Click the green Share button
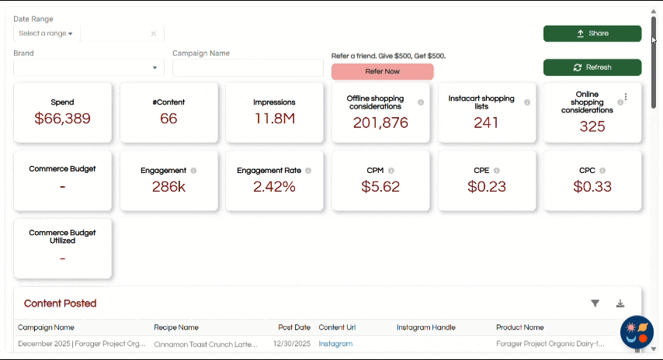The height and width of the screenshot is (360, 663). (x=592, y=33)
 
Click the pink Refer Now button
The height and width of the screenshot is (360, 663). (x=382, y=71)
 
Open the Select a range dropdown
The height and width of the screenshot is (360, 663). (x=46, y=33)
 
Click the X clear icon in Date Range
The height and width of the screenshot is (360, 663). (x=154, y=33)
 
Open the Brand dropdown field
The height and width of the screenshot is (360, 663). (x=89, y=67)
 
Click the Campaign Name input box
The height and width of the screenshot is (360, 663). (x=248, y=68)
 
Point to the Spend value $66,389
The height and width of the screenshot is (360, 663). (x=62, y=119)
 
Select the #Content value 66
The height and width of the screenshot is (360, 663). (x=168, y=119)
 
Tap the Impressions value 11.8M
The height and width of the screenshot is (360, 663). (x=275, y=119)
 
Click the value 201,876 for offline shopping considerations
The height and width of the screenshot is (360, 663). (x=380, y=123)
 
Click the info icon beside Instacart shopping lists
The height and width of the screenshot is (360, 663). (x=527, y=102)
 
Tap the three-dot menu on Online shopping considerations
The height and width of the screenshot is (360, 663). (x=626, y=98)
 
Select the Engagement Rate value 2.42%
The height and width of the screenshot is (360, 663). (x=275, y=186)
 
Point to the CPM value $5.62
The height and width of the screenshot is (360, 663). (x=380, y=186)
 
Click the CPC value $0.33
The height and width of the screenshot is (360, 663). (x=592, y=186)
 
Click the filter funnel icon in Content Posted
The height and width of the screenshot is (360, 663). (x=595, y=304)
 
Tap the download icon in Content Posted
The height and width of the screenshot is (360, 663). (x=620, y=304)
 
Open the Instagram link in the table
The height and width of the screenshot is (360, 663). (x=335, y=344)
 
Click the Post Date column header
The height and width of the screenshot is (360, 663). (x=295, y=327)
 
